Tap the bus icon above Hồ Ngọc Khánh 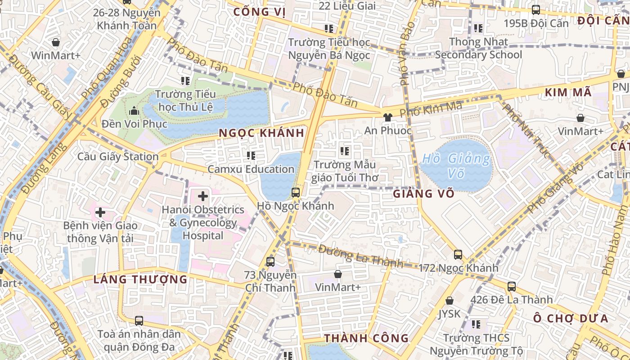pos(296,193)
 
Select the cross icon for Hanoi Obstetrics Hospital pos(203,196)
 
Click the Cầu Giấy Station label pos(118,157)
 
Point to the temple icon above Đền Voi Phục pos(134,111)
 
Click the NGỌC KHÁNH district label pos(261,133)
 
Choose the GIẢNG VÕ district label pos(423,194)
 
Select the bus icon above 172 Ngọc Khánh pos(458,255)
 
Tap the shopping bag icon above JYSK pos(449,301)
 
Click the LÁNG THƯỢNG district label pos(140,279)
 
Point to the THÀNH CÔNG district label pos(366,338)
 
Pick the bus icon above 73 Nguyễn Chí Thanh pos(270,261)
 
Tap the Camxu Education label pos(251,169)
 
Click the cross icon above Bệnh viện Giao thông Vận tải pos(100,212)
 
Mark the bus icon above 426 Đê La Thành pos(511,286)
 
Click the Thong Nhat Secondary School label pos(478,48)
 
